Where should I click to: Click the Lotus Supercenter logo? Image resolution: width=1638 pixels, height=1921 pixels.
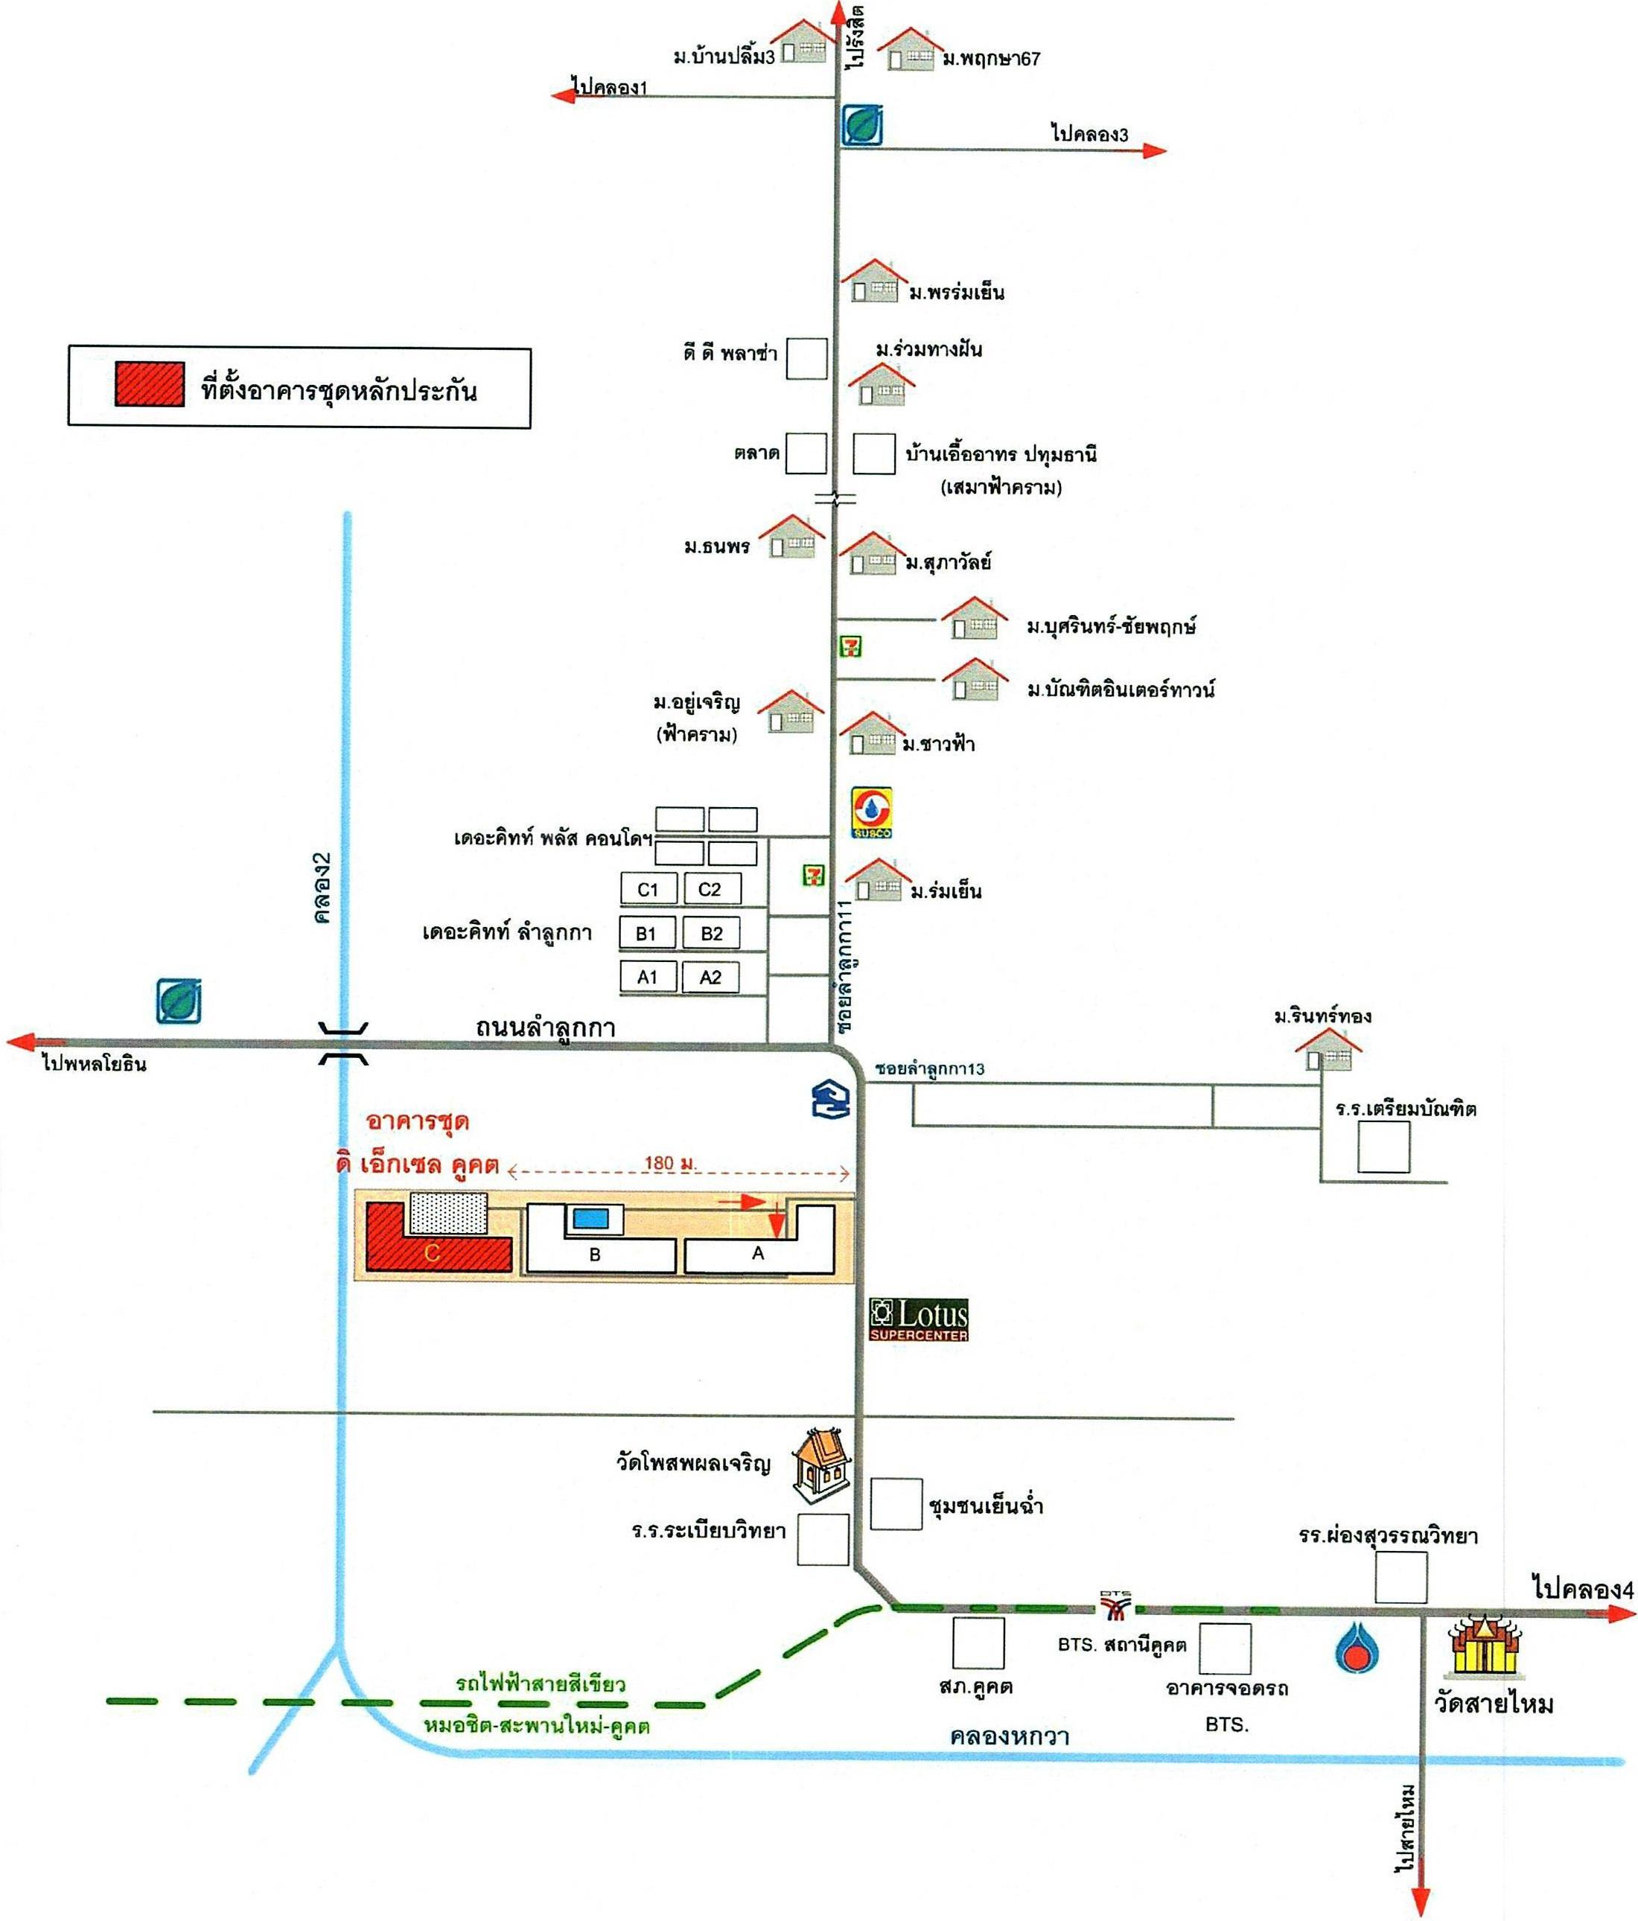(x=918, y=1319)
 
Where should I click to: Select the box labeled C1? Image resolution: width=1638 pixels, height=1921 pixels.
(x=648, y=889)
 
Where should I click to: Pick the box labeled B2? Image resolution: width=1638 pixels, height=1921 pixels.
(x=711, y=933)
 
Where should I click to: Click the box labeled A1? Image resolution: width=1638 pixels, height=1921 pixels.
(x=647, y=976)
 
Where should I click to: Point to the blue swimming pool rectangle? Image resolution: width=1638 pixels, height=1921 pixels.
(x=590, y=1218)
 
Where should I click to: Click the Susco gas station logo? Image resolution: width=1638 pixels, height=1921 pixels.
(x=871, y=812)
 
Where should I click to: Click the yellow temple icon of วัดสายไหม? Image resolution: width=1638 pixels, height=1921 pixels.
(x=1486, y=1646)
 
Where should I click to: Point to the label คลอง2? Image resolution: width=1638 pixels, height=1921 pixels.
(x=322, y=888)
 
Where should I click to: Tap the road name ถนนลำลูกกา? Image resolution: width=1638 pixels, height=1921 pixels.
(x=545, y=1028)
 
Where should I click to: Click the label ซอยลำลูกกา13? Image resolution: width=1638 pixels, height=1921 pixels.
(x=930, y=1069)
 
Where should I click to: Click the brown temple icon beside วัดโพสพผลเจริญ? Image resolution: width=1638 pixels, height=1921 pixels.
(x=821, y=1463)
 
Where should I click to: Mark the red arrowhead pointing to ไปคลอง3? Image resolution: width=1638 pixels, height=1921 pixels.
(x=1154, y=150)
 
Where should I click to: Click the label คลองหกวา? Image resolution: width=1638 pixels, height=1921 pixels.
(x=1010, y=1736)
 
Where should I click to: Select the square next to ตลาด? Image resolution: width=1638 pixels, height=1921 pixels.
(x=806, y=453)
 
